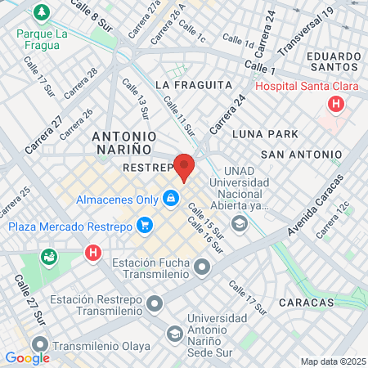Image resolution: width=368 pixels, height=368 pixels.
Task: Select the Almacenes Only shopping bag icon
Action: click(170, 198)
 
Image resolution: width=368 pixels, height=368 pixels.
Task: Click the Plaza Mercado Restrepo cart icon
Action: click(144, 224)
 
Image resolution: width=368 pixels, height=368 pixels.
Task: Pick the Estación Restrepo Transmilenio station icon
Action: click(155, 304)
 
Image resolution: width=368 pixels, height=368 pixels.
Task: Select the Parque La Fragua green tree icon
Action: click(39, 12)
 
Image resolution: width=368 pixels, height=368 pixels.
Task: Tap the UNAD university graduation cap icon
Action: click(239, 223)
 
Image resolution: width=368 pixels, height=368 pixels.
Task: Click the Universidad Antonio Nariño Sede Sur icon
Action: click(174, 333)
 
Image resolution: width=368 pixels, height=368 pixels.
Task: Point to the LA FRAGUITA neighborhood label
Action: click(188, 84)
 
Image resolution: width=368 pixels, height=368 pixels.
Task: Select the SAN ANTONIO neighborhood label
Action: click(301, 154)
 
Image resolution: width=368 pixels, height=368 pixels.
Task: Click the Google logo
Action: click(27, 357)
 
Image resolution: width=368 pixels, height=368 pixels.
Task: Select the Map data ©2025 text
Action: click(332, 361)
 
